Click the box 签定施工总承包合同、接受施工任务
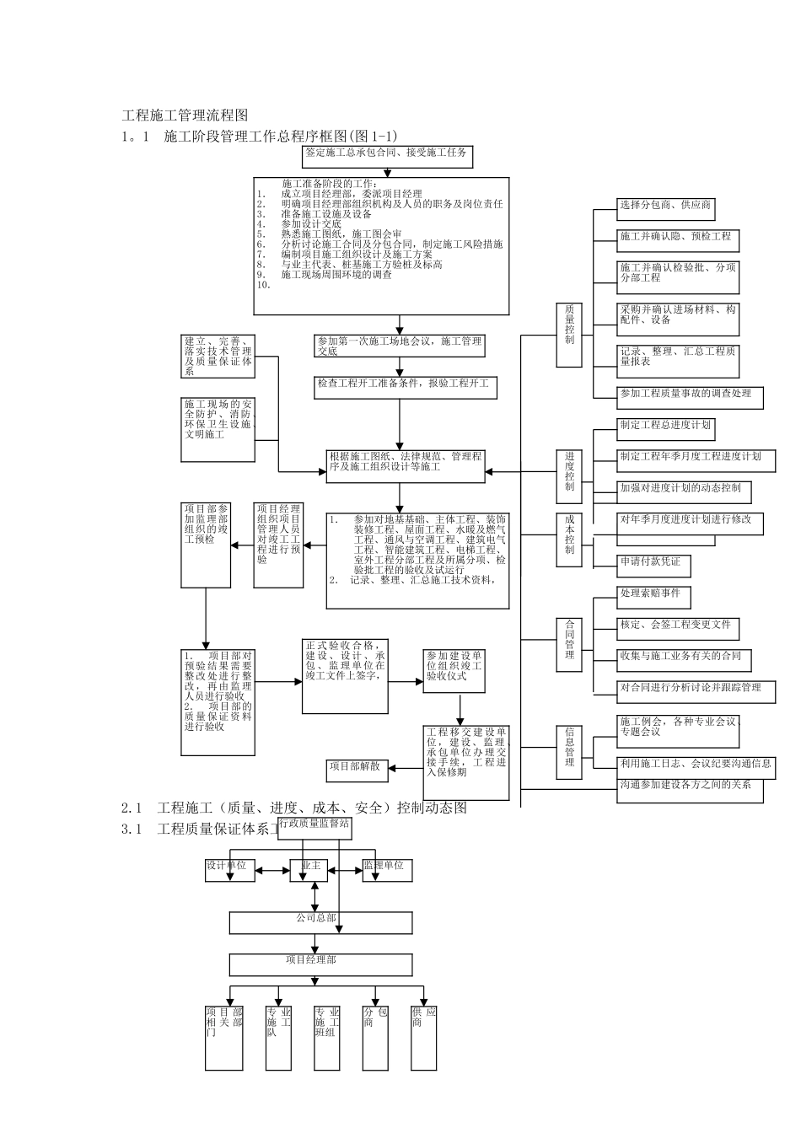pos(387,157)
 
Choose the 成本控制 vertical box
pos(569,538)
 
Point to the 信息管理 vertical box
pos(569,747)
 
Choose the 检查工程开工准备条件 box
pos(404,387)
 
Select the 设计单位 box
pos(230,870)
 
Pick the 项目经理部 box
pos(321,965)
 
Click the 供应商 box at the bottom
pos(424,1037)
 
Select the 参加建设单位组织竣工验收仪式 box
pos(454,671)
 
